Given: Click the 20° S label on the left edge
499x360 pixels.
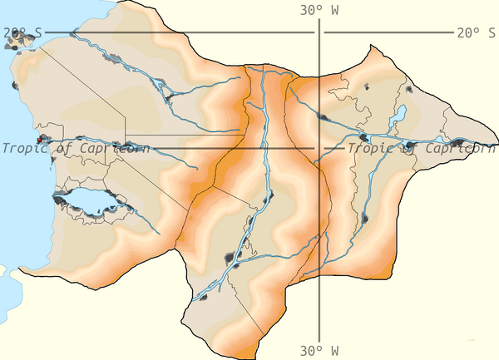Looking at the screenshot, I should click(22, 33).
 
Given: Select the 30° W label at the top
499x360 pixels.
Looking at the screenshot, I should click(319, 11).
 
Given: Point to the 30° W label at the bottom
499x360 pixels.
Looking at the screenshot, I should click(319, 350).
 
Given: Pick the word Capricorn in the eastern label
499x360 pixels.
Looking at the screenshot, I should click(458, 149).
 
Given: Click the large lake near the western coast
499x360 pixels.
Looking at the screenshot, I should click(90, 201).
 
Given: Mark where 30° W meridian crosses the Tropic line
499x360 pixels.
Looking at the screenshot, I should click(320, 149).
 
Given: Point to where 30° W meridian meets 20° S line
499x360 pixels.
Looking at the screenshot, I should click(320, 33).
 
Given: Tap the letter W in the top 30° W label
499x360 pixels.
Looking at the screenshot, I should click(335, 11).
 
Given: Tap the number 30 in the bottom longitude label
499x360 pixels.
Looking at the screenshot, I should click(309, 350).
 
